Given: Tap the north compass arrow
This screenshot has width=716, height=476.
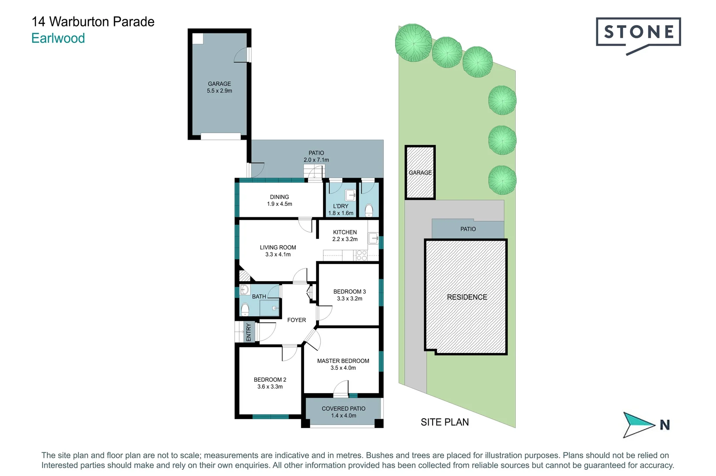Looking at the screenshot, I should [639, 424].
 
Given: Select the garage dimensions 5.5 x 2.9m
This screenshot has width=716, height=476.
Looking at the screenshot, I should [219, 91].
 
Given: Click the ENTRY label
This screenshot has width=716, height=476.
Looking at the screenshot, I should [249, 332].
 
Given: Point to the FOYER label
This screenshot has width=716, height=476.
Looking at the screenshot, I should [296, 320].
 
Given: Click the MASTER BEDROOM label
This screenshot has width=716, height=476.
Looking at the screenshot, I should [343, 361].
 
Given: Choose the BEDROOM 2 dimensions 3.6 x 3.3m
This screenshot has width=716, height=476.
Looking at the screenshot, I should [270, 387].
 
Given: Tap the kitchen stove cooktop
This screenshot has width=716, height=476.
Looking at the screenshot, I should [361, 255].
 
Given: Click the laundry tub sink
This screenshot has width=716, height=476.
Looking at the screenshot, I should [350, 194].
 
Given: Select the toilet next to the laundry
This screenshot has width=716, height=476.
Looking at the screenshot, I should [369, 210].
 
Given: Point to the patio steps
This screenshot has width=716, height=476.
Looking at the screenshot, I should [315, 172].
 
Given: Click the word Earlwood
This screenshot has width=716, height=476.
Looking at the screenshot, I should [58, 38].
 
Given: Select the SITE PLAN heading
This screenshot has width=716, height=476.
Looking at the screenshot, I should [444, 422].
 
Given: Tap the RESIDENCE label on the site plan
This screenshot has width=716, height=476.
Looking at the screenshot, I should [467, 297].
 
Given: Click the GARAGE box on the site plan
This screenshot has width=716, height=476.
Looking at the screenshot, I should [420, 173].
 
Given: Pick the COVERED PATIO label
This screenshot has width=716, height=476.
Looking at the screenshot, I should [343, 409].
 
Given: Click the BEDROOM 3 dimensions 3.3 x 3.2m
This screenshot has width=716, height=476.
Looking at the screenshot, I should [349, 298].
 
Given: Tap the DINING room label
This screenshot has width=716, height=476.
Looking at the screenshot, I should [279, 197].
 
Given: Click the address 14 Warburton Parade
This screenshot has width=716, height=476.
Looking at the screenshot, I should [93, 22].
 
